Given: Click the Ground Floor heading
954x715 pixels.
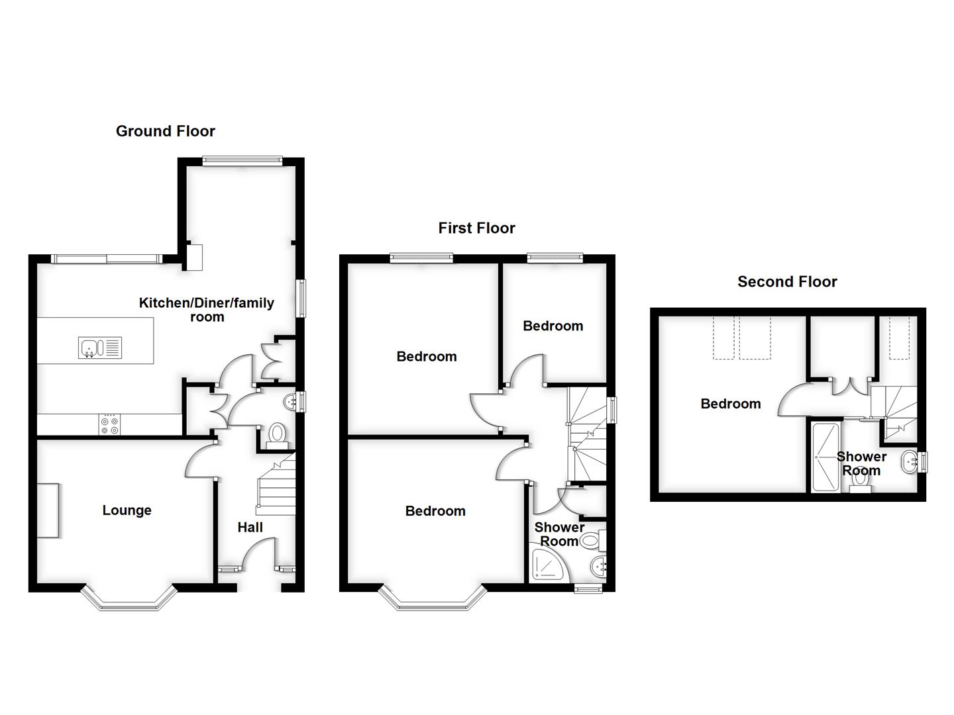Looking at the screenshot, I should (x=166, y=131).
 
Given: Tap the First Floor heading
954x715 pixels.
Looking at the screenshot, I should (x=476, y=228).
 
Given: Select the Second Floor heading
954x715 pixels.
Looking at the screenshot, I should (x=787, y=282).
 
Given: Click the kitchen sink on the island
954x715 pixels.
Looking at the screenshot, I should (x=99, y=348).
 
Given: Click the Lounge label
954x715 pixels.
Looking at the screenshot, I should (x=127, y=510).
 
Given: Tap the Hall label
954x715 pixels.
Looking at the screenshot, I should (x=250, y=528).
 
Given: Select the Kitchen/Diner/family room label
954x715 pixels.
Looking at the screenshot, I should (x=206, y=310).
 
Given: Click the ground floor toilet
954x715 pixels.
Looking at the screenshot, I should (x=277, y=435).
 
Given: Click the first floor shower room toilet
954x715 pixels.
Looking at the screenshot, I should (x=591, y=542).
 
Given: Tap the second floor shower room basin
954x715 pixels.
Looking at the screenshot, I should (x=909, y=461).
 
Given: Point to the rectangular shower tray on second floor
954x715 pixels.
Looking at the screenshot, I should (x=825, y=457).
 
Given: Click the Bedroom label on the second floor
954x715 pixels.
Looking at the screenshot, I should (x=731, y=404).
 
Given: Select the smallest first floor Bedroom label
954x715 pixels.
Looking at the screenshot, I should (x=553, y=326).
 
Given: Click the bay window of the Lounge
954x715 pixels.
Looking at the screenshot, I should (x=130, y=599).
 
